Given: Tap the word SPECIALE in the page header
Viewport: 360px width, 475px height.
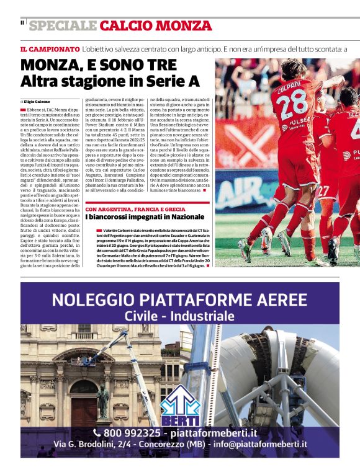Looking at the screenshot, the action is [63, 25].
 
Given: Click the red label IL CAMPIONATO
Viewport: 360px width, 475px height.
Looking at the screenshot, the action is [49, 48].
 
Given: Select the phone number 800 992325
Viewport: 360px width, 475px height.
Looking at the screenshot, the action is [132, 432].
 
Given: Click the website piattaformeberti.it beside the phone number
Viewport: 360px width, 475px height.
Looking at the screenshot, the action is [218, 432].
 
